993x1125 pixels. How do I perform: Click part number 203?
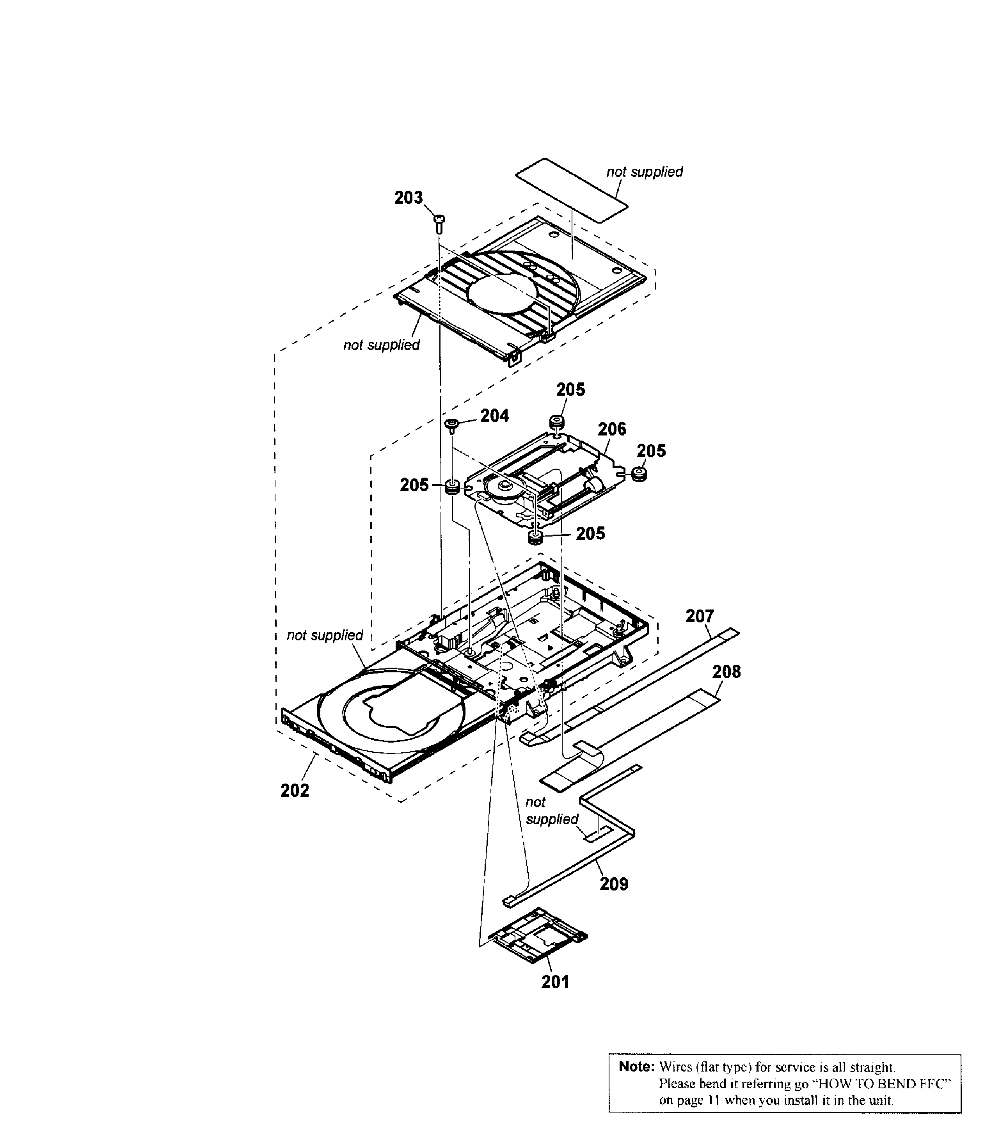409,197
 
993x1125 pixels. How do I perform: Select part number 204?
494,416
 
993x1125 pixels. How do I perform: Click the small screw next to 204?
452,424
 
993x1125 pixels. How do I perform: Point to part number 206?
612,429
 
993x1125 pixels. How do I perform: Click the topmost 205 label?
570,390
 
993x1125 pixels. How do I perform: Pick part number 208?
727,672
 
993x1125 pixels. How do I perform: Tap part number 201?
555,982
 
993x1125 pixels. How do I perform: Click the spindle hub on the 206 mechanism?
503,486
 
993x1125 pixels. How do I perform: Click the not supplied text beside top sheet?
644,172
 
